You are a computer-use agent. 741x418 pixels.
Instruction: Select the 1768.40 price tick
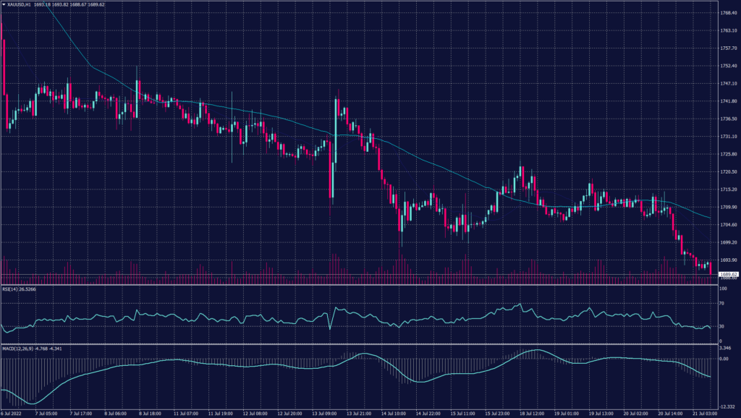click(x=729, y=13)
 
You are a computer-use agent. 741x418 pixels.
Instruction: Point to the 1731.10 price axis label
click(x=729, y=137)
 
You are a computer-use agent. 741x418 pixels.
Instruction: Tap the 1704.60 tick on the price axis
click(x=729, y=225)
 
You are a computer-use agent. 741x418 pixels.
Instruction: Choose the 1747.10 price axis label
click(x=729, y=84)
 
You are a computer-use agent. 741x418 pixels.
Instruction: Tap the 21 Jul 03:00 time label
click(x=703, y=414)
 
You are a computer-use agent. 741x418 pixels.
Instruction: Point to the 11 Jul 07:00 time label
click(x=186, y=414)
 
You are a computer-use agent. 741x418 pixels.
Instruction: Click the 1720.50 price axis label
click(x=729, y=172)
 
